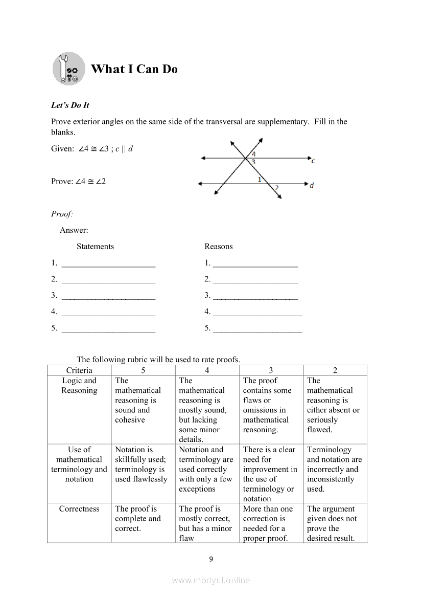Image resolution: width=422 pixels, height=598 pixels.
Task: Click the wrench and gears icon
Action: (68, 69)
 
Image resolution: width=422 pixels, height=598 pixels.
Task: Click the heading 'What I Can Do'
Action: (134, 69)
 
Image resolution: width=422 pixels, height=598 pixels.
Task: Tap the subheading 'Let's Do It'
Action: (70, 105)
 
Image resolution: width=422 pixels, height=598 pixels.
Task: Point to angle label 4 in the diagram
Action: (254, 153)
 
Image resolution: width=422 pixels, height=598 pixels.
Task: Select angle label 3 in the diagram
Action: (253, 162)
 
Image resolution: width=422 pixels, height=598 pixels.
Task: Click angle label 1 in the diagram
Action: (260, 180)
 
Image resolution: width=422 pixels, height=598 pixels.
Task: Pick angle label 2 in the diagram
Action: (276, 188)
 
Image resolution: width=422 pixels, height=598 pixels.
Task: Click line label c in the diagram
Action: (313, 161)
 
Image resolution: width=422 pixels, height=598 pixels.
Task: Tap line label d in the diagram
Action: (312, 185)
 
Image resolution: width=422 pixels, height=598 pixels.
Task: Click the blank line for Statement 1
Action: (108, 264)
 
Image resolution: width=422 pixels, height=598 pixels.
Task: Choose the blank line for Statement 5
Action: (108, 329)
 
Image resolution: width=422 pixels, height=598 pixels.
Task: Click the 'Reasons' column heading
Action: (218, 247)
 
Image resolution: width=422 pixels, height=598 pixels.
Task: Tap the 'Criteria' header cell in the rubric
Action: (79, 370)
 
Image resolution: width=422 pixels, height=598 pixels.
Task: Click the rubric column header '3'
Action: (271, 370)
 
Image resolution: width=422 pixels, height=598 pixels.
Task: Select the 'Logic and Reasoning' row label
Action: (79, 386)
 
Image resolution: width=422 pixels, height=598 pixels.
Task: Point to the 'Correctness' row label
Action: (79, 509)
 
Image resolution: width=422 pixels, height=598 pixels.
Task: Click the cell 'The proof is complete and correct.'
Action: (137, 519)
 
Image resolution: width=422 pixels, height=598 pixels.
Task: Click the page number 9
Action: (211, 559)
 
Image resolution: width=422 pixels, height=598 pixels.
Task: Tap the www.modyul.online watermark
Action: (211, 580)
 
